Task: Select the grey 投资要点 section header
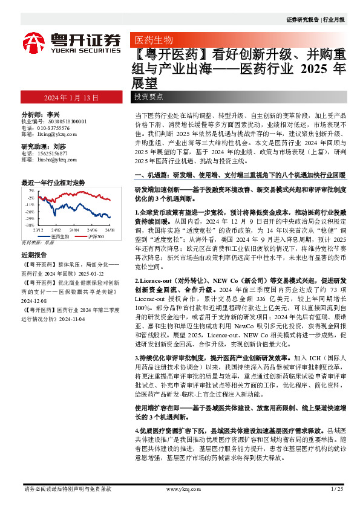pyautogui.click(x=149, y=97)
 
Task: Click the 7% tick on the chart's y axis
pyautogui.click(x=30, y=190)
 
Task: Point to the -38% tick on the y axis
pyautogui.click(x=29, y=225)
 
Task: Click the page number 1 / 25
pyautogui.click(x=338, y=488)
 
